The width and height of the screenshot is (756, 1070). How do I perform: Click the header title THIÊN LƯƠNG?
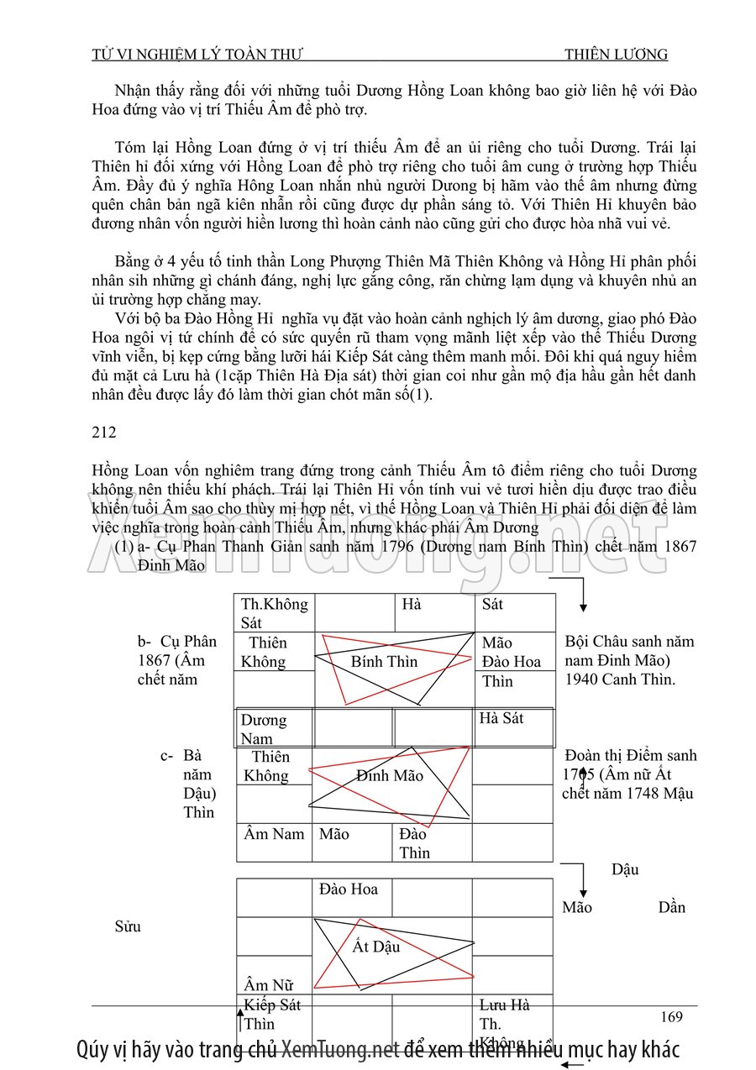616,55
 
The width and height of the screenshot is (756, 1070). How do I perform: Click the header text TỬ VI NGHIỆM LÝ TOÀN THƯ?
197,55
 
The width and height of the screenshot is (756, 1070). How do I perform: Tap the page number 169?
671,1017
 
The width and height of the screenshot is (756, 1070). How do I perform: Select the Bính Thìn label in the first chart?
384,661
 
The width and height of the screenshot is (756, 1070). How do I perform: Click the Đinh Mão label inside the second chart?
390,775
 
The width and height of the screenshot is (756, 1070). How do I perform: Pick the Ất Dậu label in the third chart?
375,947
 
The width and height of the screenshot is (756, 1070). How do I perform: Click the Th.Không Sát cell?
274,613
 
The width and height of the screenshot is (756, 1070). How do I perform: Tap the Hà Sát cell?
501,718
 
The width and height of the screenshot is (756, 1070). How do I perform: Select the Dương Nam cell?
263,729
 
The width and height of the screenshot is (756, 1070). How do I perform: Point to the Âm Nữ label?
268,985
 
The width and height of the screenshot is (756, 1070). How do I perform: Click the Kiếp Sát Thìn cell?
272,1015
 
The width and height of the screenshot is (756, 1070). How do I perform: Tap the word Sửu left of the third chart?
127,926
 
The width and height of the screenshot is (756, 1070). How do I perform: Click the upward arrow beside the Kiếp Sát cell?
240,1020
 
